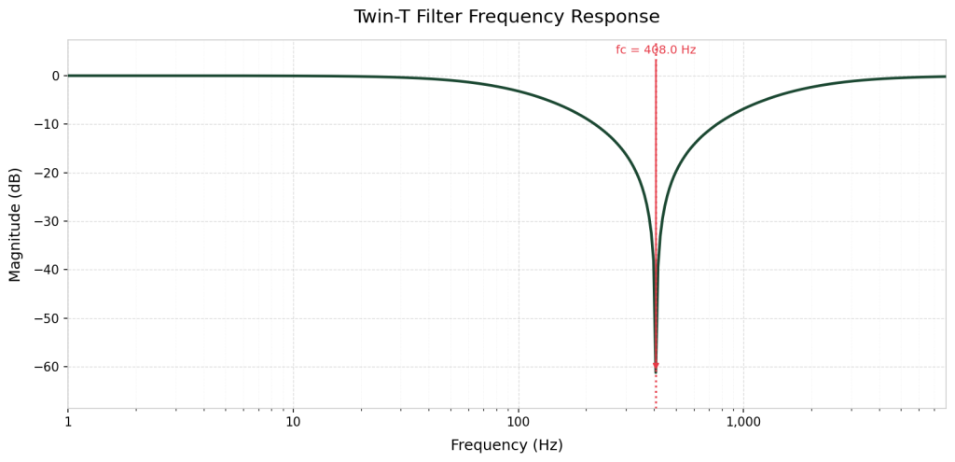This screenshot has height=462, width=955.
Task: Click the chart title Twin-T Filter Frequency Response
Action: coord(506,17)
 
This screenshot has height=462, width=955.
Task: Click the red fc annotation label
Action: coord(656,50)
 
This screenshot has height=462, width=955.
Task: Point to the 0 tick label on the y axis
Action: coord(56,76)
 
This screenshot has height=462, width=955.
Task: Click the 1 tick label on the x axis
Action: coord(68,422)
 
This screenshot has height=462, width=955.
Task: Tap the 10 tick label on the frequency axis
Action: coord(293,422)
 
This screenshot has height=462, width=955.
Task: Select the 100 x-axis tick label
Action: coord(519,422)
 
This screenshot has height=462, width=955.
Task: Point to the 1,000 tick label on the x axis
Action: coord(743,422)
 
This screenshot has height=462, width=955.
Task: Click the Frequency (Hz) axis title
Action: coord(506,445)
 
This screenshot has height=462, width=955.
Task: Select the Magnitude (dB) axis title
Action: coord(15,224)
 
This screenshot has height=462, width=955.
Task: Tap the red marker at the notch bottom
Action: coord(656,365)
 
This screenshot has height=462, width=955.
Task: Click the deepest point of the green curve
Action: coord(656,373)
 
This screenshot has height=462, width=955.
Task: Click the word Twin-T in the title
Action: coord(385,17)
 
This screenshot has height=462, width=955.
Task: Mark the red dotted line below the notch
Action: coord(656,392)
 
